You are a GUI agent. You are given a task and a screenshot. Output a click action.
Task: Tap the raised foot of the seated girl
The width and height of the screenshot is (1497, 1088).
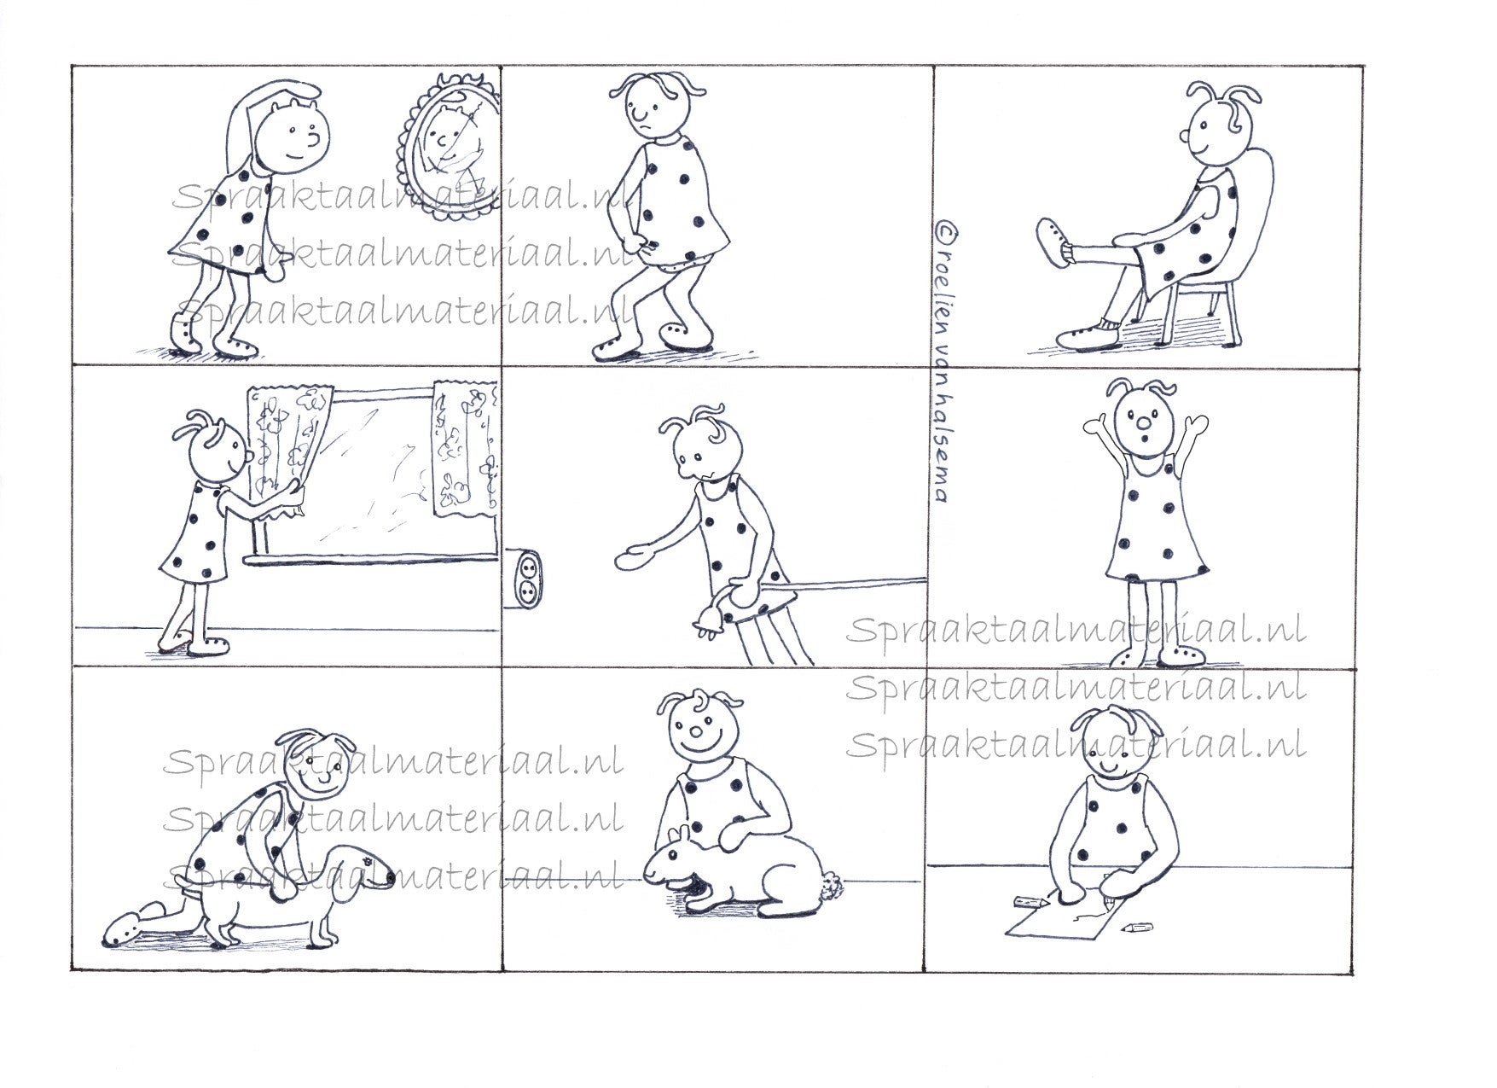[1054, 245]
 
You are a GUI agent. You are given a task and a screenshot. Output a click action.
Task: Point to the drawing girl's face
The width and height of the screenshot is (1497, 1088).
[1106, 748]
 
